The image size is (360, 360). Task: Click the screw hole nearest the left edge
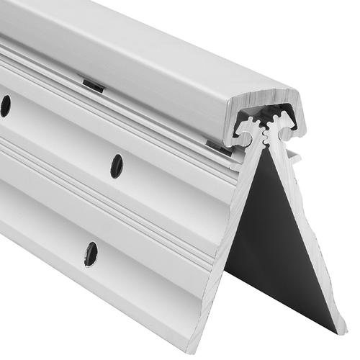click(4, 106)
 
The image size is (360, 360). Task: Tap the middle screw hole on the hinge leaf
click(117, 166)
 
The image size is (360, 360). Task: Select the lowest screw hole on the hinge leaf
click(91, 253)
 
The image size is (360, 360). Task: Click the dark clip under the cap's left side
click(93, 86)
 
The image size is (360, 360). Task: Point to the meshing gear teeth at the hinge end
click(267, 129)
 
